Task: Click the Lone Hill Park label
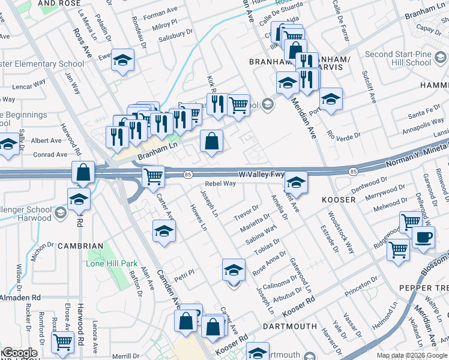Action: [x=112, y=263]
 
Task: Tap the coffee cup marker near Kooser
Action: [x=423, y=237]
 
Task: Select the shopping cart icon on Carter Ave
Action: [x=154, y=176]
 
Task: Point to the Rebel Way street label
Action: [x=220, y=184]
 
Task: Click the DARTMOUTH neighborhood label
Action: [x=289, y=326]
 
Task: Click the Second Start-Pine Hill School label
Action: [x=397, y=58]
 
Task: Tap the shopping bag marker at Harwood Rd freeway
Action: [x=83, y=172]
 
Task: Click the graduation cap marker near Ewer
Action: [x=122, y=60]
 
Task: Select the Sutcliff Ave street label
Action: [x=368, y=85]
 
